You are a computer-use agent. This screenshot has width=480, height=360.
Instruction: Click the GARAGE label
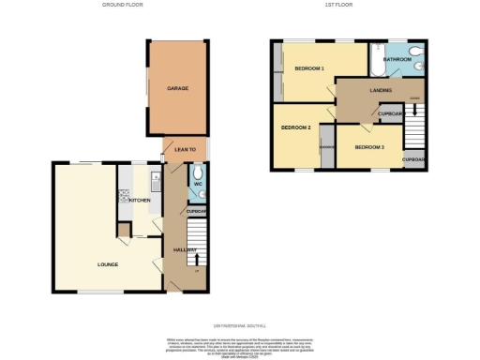(178, 88)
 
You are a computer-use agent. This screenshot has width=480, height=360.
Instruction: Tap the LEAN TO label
(185, 149)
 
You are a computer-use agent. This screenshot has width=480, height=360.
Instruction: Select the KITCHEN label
(140, 201)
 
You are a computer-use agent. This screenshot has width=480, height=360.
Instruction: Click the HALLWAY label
(184, 249)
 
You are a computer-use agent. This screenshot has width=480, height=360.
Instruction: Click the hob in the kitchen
(123, 197)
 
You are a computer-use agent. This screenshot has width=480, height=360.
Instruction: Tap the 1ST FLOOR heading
(338, 5)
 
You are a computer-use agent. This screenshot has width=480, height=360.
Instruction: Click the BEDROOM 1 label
(309, 68)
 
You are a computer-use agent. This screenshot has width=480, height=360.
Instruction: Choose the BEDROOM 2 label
(295, 127)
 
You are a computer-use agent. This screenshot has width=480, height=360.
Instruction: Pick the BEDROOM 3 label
(368, 147)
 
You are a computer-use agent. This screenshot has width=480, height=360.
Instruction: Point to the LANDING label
(381, 90)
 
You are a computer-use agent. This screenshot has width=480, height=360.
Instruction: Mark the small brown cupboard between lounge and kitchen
(123, 231)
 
